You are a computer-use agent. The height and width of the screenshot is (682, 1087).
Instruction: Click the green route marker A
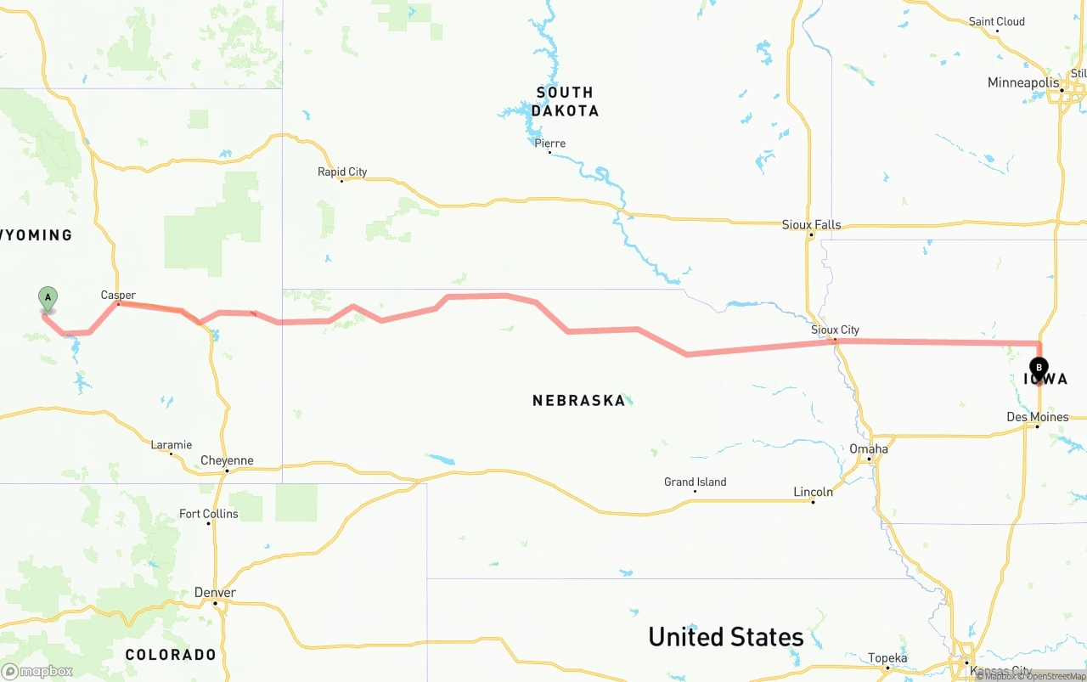(x=48, y=298)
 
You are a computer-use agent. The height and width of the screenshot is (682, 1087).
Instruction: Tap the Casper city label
(x=118, y=295)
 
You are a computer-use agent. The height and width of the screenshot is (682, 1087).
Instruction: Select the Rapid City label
(x=342, y=172)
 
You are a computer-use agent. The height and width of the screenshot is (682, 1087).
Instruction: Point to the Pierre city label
(x=549, y=144)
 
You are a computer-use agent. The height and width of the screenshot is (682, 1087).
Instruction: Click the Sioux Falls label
(x=811, y=225)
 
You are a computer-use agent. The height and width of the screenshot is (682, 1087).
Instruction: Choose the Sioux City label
(x=835, y=330)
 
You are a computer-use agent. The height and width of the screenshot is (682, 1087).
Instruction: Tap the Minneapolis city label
(x=1023, y=83)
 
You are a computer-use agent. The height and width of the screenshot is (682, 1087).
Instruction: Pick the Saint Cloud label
(x=996, y=21)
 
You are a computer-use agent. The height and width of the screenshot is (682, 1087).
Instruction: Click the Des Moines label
(x=1037, y=417)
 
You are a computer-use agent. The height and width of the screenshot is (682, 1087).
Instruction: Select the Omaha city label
(x=869, y=449)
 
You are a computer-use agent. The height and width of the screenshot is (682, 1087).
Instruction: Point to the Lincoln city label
(x=813, y=492)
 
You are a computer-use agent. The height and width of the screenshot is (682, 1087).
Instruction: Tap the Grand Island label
(x=695, y=482)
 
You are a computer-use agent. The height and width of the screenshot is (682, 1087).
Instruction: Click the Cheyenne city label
(x=227, y=461)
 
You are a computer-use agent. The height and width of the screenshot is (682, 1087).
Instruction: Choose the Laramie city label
(x=171, y=445)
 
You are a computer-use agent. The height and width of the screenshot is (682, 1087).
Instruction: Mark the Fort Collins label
(x=209, y=514)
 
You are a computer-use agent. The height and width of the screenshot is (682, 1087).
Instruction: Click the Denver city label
(x=215, y=593)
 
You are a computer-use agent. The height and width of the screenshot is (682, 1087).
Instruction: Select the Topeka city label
(x=887, y=658)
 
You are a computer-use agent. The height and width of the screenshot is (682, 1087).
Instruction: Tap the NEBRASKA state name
(x=578, y=400)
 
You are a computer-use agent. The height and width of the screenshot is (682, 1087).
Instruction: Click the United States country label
(x=725, y=637)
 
